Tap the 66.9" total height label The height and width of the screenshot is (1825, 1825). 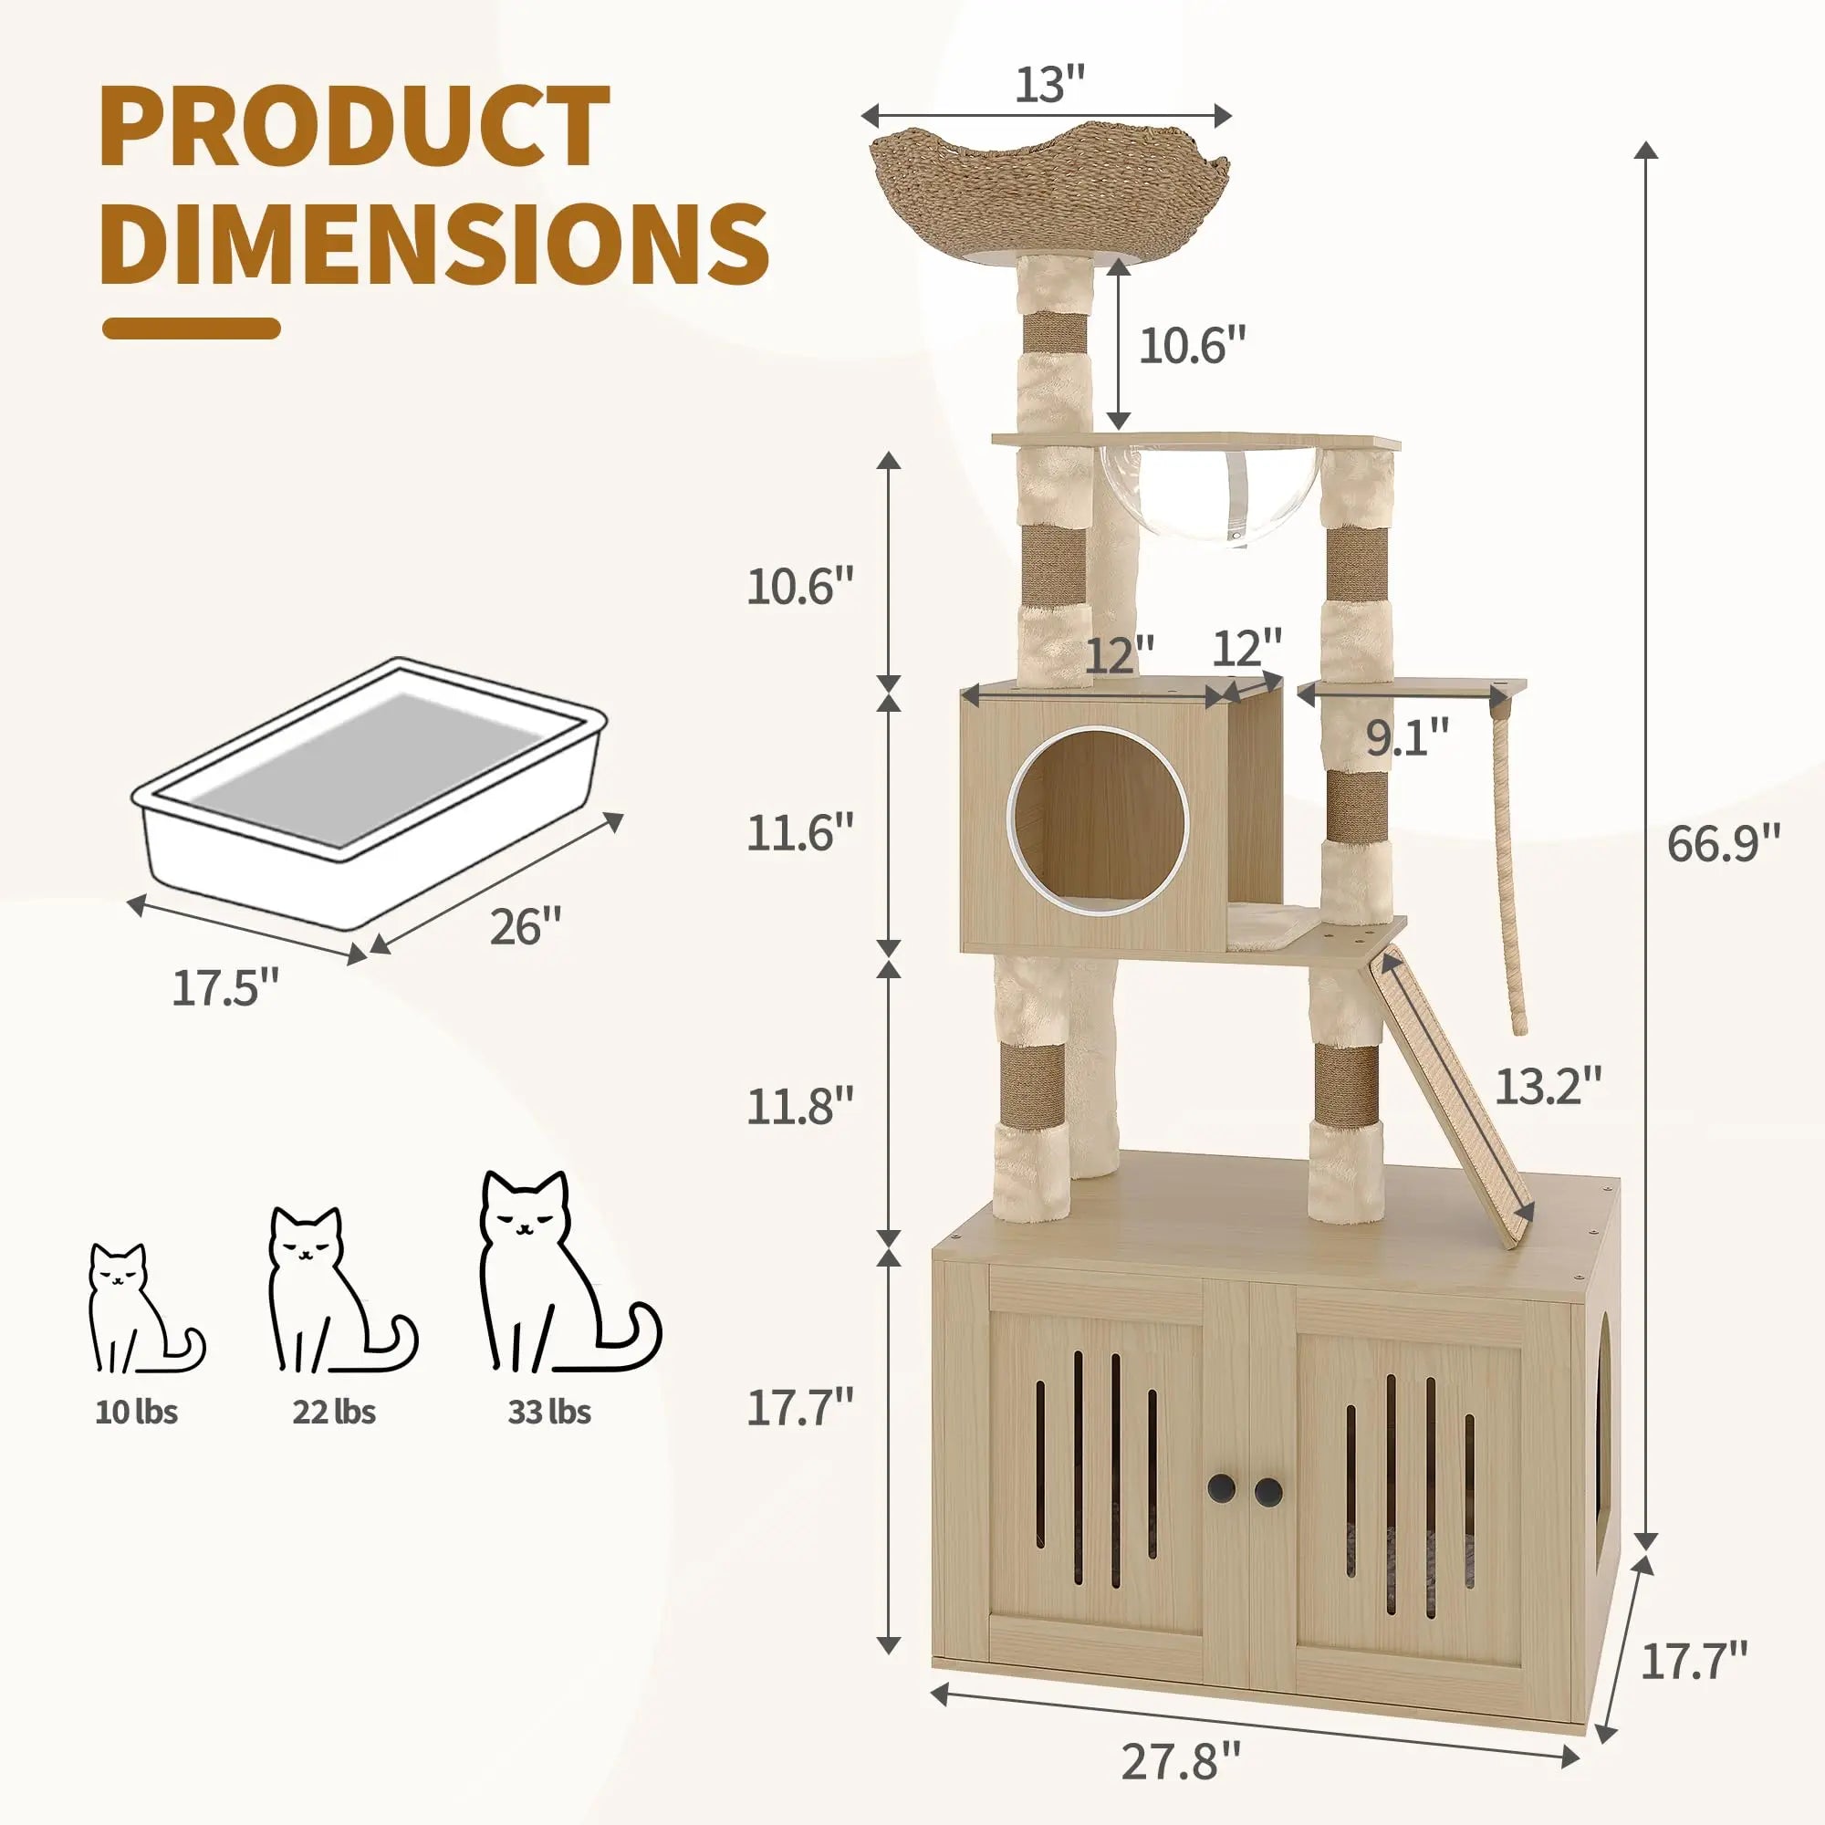[1723, 843]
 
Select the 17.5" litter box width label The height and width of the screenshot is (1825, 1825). [225, 988]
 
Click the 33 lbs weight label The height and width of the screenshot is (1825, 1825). [549, 1439]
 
